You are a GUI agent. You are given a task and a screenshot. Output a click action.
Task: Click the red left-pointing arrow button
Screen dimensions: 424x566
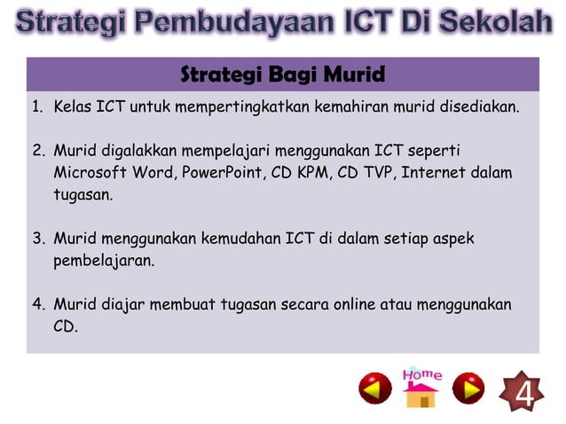coord(374,389)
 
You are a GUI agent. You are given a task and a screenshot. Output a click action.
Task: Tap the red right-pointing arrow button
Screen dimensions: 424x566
coord(468,389)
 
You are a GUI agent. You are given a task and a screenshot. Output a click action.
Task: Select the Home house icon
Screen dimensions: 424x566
coord(421,388)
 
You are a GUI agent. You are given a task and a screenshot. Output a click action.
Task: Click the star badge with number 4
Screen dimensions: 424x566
coord(524,391)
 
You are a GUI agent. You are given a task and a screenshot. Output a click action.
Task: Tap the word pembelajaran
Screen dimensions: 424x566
coord(104,261)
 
